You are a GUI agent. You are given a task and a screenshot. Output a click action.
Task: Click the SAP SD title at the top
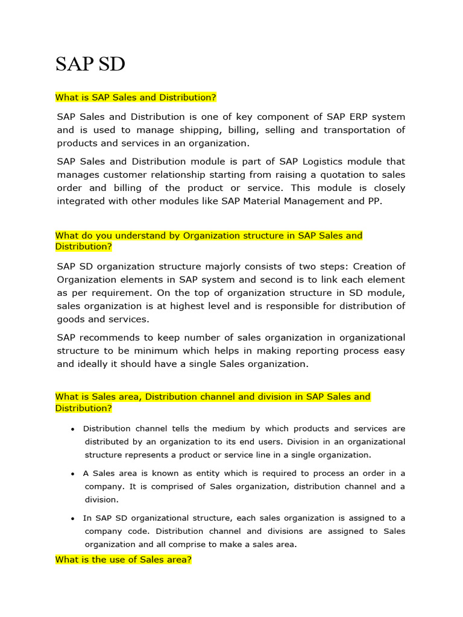[x=90, y=63]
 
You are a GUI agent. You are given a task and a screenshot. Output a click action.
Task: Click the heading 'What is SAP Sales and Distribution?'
[x=136, y=98]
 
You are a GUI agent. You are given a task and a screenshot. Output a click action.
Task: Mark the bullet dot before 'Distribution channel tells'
[x=72, y=430]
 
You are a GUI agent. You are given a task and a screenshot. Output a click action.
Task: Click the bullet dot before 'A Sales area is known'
[x=72, y=474]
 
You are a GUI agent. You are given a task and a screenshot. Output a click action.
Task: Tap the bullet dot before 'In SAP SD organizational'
[x=72, y=519]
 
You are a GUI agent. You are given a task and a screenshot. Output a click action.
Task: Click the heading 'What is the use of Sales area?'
[x=124, y=560]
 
